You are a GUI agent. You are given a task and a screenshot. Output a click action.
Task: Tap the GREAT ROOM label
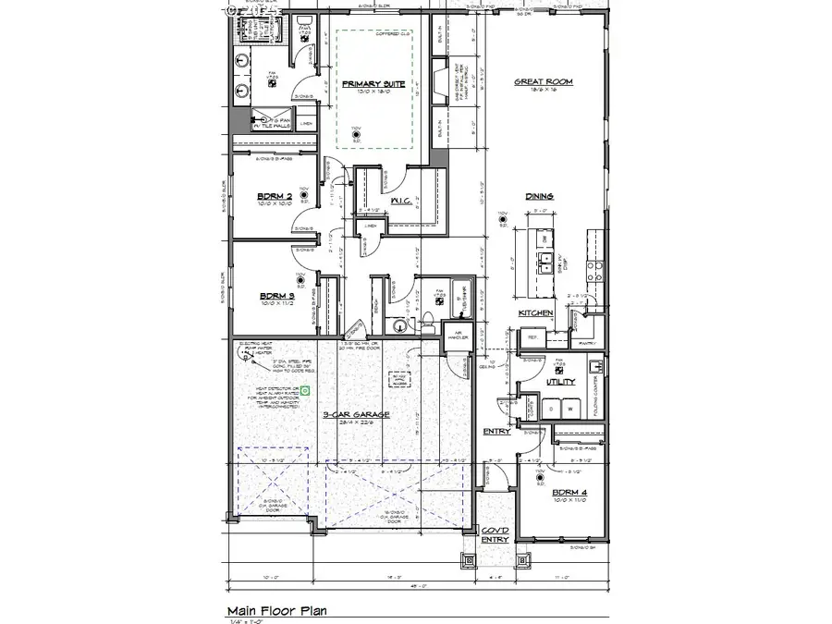coord(543,81)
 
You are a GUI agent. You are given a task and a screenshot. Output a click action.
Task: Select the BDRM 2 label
coord(275,196)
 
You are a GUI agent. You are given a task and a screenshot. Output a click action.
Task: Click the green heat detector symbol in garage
coord(304,392)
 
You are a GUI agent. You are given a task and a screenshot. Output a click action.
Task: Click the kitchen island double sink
coord(547,260)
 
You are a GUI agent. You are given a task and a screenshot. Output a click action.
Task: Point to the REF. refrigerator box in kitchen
coord(532,338)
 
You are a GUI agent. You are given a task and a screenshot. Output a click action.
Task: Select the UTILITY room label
coord(560,381)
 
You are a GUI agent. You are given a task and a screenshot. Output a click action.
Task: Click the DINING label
coord(539,196)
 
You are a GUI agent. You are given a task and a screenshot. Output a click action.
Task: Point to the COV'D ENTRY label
coord(495,535)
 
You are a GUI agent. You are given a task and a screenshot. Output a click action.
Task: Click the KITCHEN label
coord(535,313)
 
